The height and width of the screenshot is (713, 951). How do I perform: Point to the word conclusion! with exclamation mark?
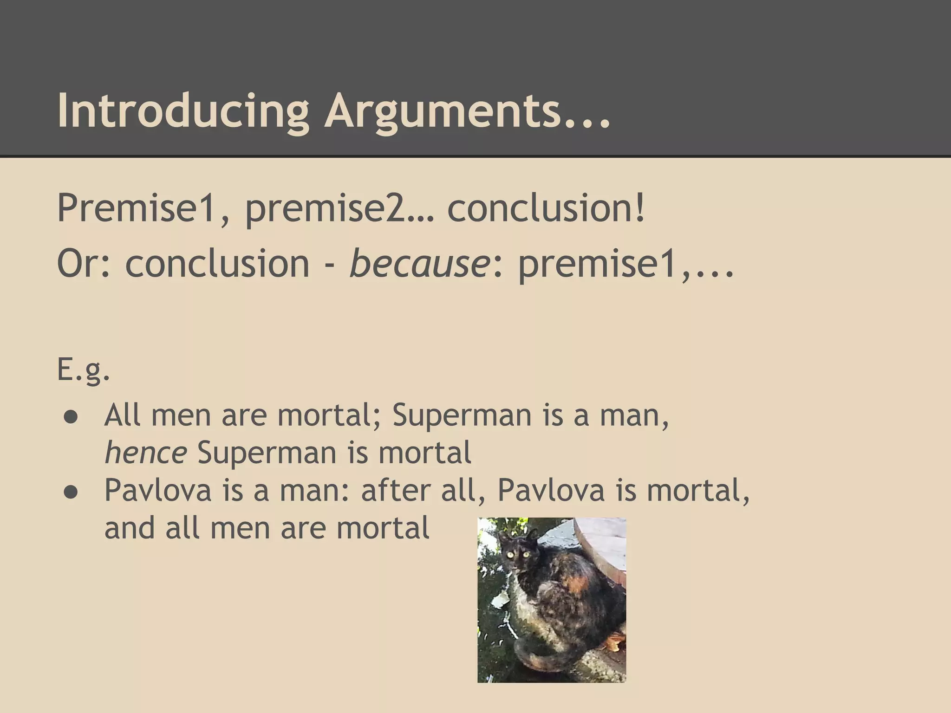546,207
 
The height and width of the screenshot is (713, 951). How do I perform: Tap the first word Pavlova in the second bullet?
158,490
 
